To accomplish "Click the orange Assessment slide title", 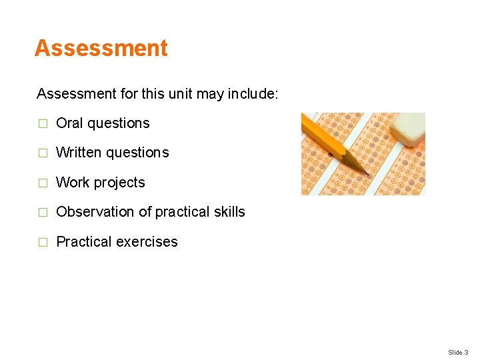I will pyautogui.click(x=101, y=49).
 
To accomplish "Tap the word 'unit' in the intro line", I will pyautogui.click(x=179, y=94).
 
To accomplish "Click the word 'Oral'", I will pyautogui.click(x=69, y=123).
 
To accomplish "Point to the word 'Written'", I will pyautogui.click(x=79, y=153).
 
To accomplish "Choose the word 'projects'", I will pyautogui.click(x=119, y=183).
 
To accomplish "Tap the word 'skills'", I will pyautogui.click(x=229, y=212).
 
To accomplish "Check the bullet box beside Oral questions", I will pyautogui.click(x=43, y=124).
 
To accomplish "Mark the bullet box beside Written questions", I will pyautogui.click(x=43, y=153).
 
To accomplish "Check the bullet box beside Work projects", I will pyautogui.click(x=43, y=183).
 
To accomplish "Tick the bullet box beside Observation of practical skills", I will pyautogui.click(x=43, y=213).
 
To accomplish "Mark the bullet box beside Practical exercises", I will pyautogui.click(x=43, y=243).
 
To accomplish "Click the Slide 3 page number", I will pyautogui.click(x=458, y=352).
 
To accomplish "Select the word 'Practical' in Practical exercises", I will pyautogui.click(x=84, y=242).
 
